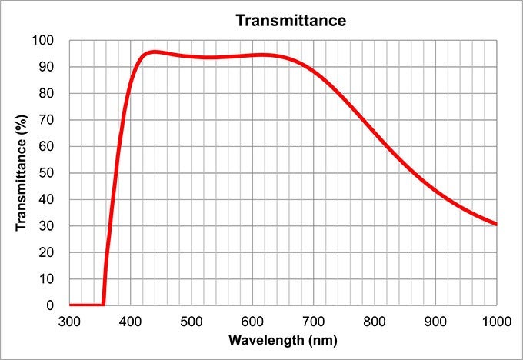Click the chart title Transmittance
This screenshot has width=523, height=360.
pos(291,21)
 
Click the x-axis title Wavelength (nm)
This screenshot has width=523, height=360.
pos(281,339)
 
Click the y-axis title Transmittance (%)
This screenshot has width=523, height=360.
pos(22,172)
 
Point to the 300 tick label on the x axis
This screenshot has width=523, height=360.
pos(69,320)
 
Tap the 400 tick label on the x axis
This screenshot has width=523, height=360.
pos(130,320)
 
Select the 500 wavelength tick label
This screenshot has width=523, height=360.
pos(192,320)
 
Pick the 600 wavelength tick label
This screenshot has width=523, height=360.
pos(252,320)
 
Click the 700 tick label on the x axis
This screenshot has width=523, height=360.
pos(313,320)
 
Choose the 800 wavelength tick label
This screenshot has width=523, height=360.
pos(375,320)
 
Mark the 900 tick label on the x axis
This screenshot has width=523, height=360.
pos(435,320)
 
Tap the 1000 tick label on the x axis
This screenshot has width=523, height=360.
pos(495,320)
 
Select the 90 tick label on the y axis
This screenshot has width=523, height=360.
pos(47,67)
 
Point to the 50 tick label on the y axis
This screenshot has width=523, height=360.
pos(47,173)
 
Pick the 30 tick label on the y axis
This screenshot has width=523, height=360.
pos(47,226)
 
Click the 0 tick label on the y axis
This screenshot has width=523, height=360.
pos(50,305)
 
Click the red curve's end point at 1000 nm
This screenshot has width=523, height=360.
pos(496,224)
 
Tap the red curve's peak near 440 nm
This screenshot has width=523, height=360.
pos(155,52)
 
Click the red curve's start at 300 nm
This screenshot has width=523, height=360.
pos(70,305)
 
